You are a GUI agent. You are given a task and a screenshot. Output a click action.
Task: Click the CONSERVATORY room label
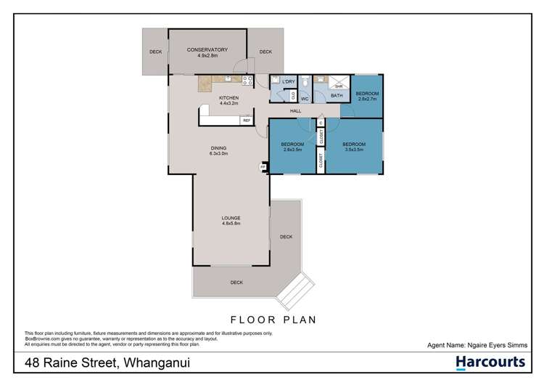pyautogui.click(x=207, y=49)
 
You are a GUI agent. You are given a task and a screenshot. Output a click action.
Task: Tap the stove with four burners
pyautogui.click(x=247, y=80)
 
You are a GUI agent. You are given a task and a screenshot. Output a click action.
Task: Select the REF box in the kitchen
pyautogui.click(x=247, y=121)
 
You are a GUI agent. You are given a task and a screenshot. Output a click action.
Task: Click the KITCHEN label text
pyautogui.click(x=229, y=97)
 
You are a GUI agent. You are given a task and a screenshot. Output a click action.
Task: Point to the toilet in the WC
pyautogui.click(x=305, y=83)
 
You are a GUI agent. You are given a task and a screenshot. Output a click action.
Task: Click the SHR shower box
pyautogui.click(x=337, y=84)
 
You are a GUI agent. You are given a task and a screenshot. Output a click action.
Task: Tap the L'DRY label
pyautogui.click(x=288, y=82)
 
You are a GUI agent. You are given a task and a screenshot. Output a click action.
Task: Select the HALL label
pyautogui.click(x=295, y=110)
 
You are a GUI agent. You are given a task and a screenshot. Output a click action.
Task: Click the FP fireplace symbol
pyautogui.click(x=263, y=166)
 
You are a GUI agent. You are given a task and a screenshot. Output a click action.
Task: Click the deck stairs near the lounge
pyautogui.click(x=295, y=292)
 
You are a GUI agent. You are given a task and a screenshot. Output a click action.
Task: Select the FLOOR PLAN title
pyautogui.click(x=272, y=318)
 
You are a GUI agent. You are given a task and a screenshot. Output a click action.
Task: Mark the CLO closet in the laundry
pyautogui.click(x=292, y=94)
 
